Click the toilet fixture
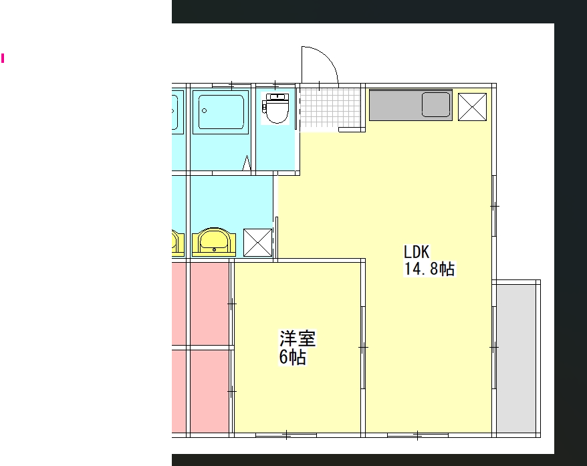click(x=276, y=108)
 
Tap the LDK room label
click(x=417, y=252)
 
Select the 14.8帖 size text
click(x=429, y=269)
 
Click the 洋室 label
click(x=298, y=338)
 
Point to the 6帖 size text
click(x=293, y=357)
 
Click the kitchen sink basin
click(x=436, y=105)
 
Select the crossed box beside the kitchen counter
click(x=473, y=107)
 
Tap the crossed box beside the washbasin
click(x=257, y=243)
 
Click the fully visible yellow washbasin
click(x=214, y=242)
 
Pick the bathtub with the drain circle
click(x=221, y=112)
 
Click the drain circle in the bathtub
click(x=204, y=110)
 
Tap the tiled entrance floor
click(x=330, y=108)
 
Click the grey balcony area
click(x=516, y=358)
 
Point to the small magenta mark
click(x=3, y=58)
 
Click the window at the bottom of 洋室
click(x=286, y=435)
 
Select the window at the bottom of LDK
click(x=418, y=435)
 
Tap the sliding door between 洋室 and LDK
click(x=363, y=348)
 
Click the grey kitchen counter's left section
click(x=395, y=105)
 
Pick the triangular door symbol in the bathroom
click(x=246, y=163)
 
